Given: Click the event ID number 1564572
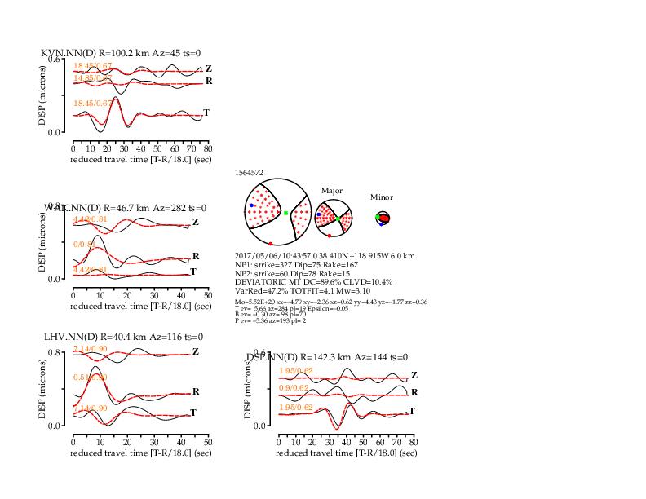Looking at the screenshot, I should (249, 173).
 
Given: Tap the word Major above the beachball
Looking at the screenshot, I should (332, 190).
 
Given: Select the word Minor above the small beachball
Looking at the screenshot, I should (382, 197).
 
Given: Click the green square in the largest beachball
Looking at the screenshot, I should (286, 213).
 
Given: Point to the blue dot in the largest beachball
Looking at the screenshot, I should (252, 206).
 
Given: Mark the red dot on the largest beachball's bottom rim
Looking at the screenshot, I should (271, 244).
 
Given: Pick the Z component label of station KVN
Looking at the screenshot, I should (209, 68).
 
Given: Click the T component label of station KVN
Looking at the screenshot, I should (206, 113).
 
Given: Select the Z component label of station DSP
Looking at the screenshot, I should (414, 375).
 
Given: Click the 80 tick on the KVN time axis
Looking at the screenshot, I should (208, 149).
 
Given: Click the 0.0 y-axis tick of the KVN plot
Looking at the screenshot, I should (56, 132).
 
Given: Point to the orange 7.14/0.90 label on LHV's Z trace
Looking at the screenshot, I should (91, 349).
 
